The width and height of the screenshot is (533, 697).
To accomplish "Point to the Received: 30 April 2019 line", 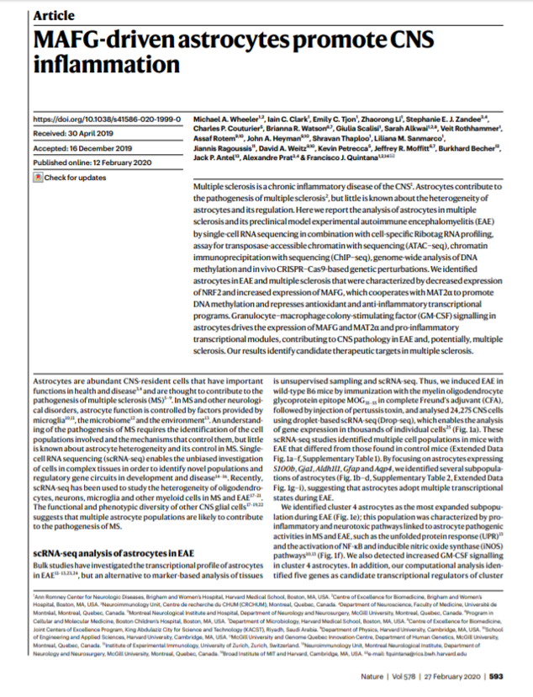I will [x=79, y=132].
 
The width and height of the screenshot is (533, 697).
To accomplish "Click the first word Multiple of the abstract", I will [x=210, y=184].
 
